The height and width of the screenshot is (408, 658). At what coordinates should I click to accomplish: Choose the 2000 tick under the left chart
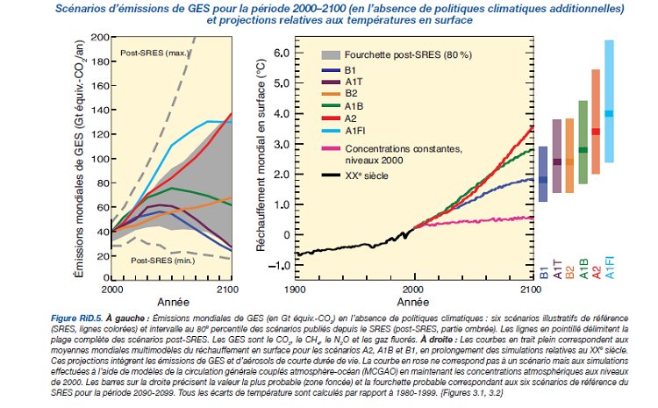coord(113,289)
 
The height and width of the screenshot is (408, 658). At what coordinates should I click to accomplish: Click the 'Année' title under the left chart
coord(172,301)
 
